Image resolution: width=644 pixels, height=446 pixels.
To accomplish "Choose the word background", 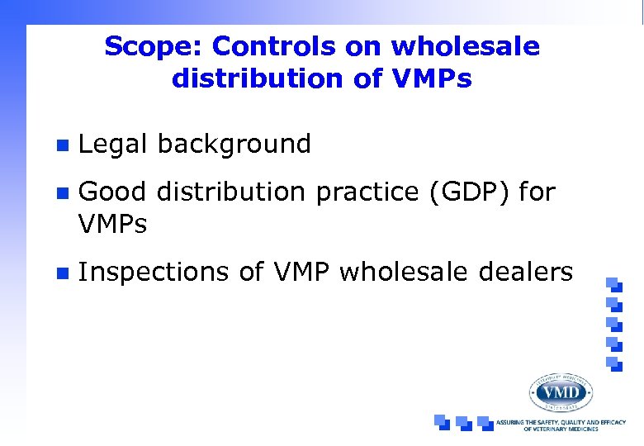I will point(234,145).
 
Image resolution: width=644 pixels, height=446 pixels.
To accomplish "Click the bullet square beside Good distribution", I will point(59,194).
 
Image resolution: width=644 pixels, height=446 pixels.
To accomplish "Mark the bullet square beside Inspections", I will point(59,273).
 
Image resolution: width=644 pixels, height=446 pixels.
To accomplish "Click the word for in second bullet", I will point(538,192).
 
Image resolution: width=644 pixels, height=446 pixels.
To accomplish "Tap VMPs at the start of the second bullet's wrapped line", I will point(112,223).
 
